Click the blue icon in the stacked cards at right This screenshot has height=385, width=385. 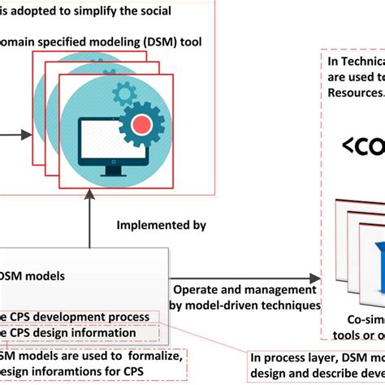[375, 252]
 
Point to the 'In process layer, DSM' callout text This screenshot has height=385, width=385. [317, 356]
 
